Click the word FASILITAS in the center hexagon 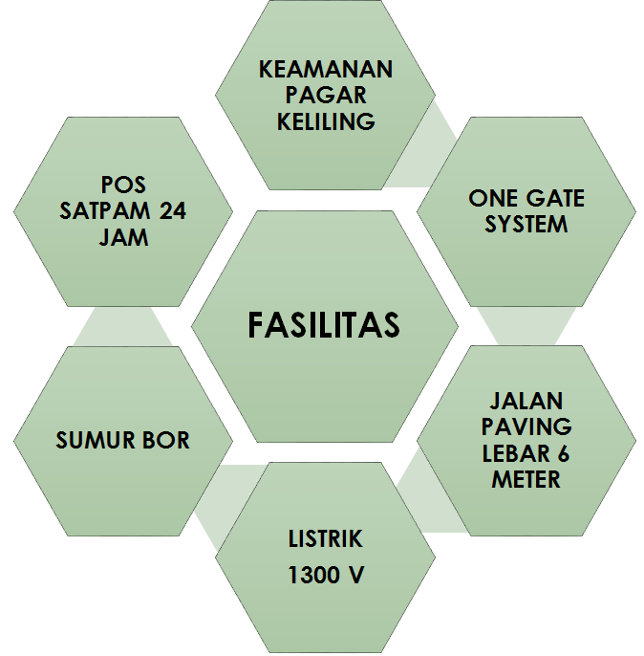(x=324, y=325)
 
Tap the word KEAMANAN (x=326, y=71)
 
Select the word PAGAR (x=326, y=96)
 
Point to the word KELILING (x=326, y=121)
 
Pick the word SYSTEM (x=526, y=225)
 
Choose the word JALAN (x=526, y=400)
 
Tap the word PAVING (x=526, y=426)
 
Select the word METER (x=526, y=478)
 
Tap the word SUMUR (x=94, y=441)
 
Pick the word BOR (x=166, y=441)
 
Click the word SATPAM (x=102, y=211)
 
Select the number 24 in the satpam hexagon (x=173, y=211)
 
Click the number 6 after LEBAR (x=563, y=451)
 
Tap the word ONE (x=493, y=199)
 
